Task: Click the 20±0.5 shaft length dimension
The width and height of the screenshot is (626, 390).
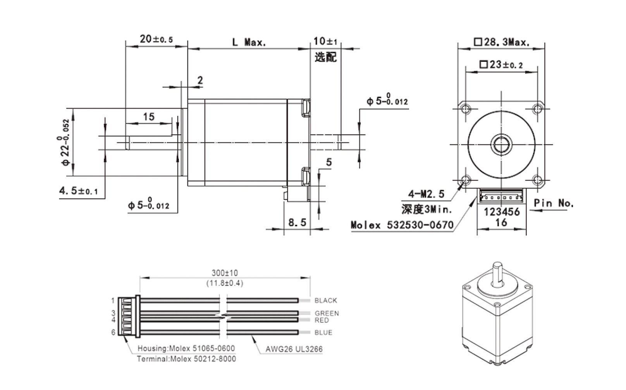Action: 156,39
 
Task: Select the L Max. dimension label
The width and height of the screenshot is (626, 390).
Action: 249,42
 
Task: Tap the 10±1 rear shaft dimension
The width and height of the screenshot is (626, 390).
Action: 325,41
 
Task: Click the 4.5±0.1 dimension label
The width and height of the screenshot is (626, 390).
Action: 78,190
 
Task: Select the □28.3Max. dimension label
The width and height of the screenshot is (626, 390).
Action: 502,42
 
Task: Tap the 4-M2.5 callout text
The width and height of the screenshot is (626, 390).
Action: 426,194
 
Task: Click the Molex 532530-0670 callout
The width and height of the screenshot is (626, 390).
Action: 402,225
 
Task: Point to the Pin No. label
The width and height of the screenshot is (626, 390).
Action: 553,203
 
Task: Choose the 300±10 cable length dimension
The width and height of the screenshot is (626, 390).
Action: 225,273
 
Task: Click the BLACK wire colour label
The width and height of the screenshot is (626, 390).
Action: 325,300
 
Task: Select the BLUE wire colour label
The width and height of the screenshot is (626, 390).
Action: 323,332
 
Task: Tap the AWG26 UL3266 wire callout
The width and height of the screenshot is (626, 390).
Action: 294,349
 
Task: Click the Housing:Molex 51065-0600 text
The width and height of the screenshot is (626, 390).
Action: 186,348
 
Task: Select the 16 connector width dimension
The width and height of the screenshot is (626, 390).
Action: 501,222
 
